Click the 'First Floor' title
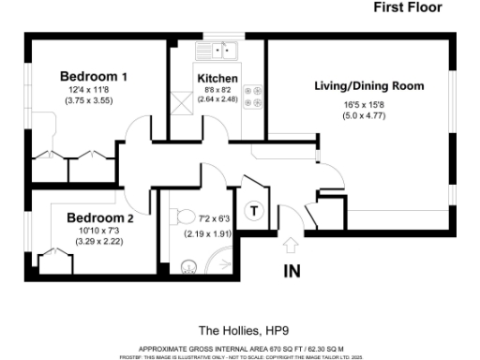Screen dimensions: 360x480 [x=408, y=8]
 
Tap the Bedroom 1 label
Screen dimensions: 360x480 [x=94, y=76]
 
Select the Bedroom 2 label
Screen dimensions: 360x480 [x=100, y=217]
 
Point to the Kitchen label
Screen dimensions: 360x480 [x=217, y=78]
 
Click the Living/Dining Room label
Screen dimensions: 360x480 [x=368, y=86]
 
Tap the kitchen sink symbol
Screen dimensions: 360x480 [x=224, y=50]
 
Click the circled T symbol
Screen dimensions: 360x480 [x=252, y=210]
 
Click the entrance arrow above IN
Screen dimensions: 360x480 [x=291, y=246]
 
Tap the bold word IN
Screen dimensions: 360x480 [x=292, y=273]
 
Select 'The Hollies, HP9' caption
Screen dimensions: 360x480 [x=239, y=330]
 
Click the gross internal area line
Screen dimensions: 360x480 [x=239, y=346]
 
